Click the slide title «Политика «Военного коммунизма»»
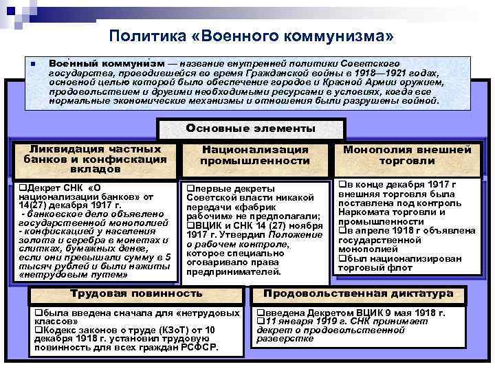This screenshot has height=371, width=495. (252, 35)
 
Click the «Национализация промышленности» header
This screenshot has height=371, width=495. (254, 155)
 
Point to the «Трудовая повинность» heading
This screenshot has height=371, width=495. (137, 293)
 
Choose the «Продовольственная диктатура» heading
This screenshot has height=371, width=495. (358, 293)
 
